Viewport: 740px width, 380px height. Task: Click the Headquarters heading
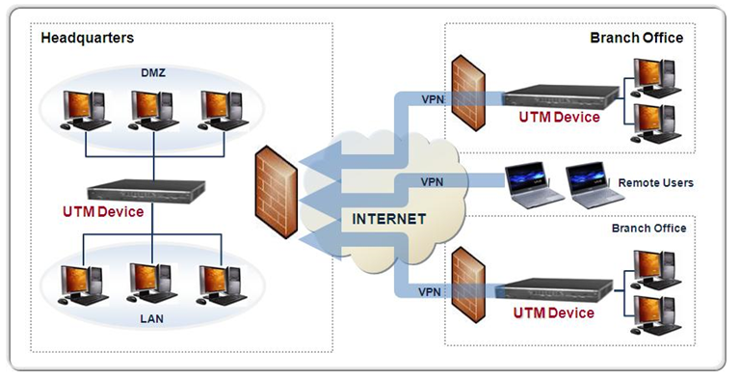(87, 38)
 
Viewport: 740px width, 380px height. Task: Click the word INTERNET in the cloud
(388, 219)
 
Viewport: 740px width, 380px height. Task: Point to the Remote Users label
(655, 182)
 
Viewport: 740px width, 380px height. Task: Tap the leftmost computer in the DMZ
(86, 108)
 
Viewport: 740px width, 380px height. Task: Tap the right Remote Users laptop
(590, 182)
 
